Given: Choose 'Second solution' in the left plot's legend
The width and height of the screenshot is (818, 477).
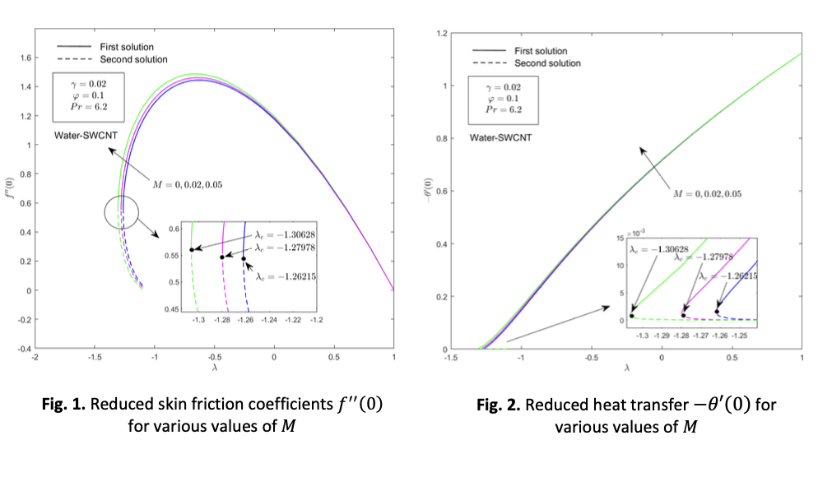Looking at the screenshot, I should coord(133,59).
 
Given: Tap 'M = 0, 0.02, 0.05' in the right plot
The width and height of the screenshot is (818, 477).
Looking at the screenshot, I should coord(707,194).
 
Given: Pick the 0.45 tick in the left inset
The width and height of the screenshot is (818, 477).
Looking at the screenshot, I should coord(174,309).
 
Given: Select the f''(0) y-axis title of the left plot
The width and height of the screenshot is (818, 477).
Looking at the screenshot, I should coord(11,193).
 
